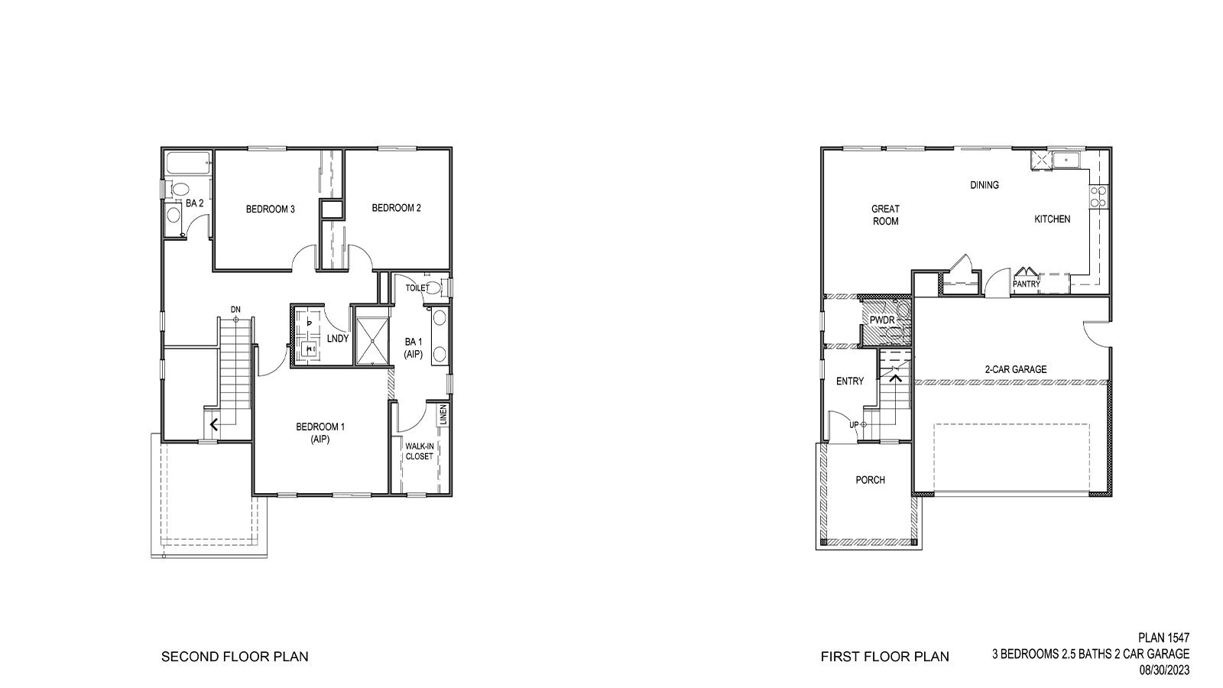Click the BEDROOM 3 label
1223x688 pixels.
coord(271,209)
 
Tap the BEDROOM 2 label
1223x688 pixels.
coord(397,208)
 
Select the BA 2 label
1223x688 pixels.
coord(194,203)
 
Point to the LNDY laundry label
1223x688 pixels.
coord(338,338)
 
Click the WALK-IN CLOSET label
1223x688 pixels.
coord(419,451)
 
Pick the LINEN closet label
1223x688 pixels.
coord(443,415)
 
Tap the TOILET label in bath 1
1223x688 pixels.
coord(417,288)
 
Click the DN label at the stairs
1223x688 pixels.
coord(235,310)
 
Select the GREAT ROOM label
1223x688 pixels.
coord(885,215)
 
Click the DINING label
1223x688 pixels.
coord(985,185)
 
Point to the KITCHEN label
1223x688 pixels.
coord(1053,219)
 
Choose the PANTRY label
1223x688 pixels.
coord(1026,284)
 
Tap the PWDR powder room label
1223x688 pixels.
coord(882,320)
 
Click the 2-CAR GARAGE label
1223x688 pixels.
coord(1015,369)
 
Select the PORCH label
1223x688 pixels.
coord(870,480)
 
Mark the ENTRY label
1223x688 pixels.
coord(850,381)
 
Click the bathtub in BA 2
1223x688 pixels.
coord(188,163)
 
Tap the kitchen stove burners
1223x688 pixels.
coord(1098,196)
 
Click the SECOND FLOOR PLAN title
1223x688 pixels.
coord(235,657)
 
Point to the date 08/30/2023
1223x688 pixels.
coord(1164,670)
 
